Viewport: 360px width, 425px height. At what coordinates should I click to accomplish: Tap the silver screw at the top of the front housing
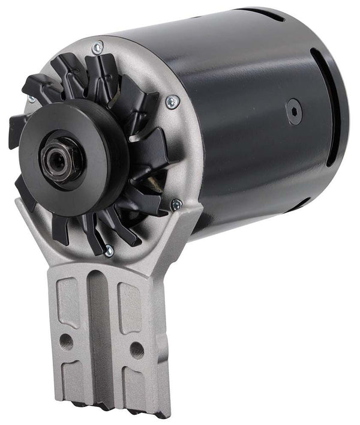[x=97, y=46]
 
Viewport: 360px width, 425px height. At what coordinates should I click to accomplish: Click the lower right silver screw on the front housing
[x=175, y=205]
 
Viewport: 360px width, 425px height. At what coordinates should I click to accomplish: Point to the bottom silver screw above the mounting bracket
[x=109, y=252]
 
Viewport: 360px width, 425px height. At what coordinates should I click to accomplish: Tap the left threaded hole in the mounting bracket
[x=67, y=342]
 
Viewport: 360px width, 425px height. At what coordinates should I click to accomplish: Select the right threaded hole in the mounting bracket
[x=136, y=349]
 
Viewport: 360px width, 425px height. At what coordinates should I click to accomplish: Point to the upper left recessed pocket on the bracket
[x=67, y=303]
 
